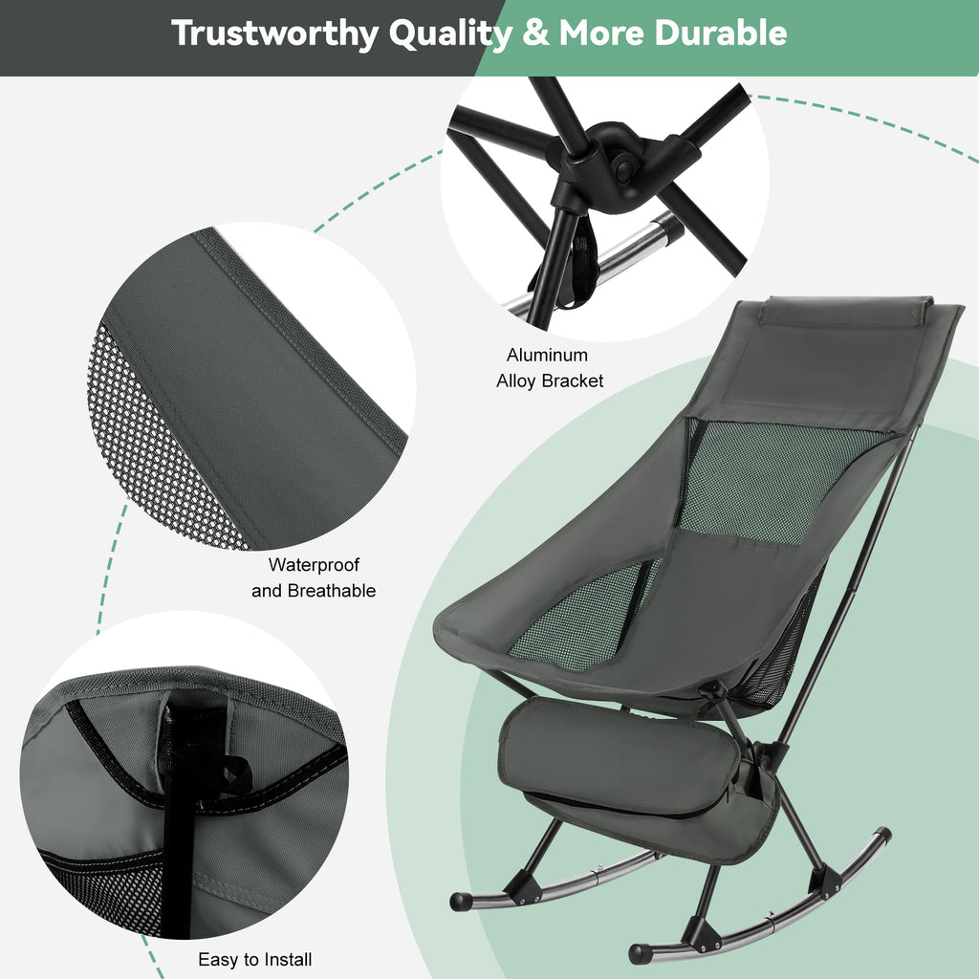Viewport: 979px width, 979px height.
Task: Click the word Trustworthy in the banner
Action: coord(274,33)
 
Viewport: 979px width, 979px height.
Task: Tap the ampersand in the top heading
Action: coord(535,33)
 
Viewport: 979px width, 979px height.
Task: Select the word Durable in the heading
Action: coord(721,33)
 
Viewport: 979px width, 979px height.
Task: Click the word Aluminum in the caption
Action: coord(547,355)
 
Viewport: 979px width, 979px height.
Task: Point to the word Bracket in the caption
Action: coord(572,381)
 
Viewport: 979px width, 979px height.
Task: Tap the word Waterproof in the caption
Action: coord(314,565)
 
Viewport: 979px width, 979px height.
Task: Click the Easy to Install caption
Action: coord(254,959)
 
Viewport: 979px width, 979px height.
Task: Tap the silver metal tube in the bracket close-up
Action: coord(624,252)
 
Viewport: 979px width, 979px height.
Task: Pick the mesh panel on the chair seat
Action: coord(584,615)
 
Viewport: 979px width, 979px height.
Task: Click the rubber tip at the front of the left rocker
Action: coord(461,901)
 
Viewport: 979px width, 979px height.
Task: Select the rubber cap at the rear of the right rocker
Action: coord(882,836)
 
